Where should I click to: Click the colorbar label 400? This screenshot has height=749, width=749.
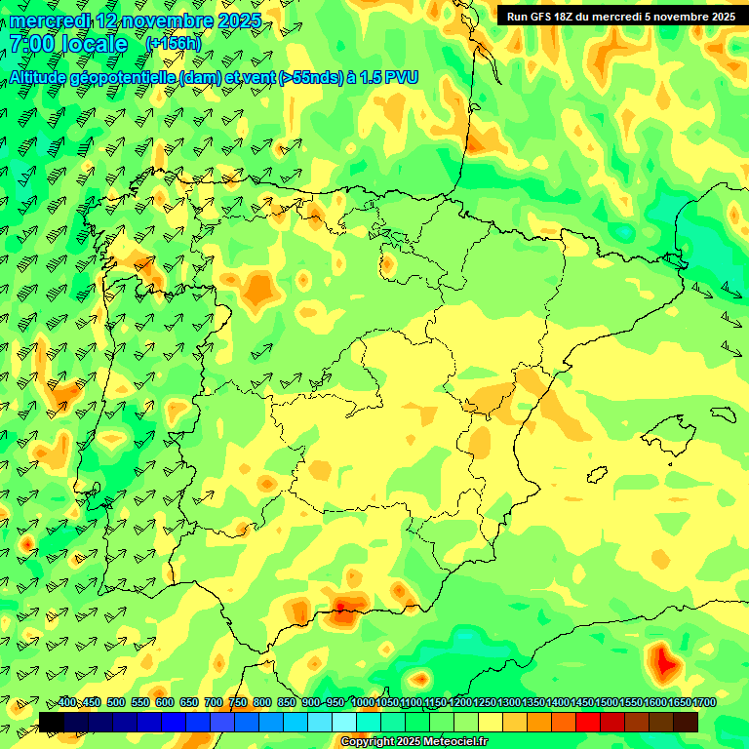pyautogui.click(x=67, y=702)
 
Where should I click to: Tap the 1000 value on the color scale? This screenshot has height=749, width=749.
pyautogui.click(x=363, y=702)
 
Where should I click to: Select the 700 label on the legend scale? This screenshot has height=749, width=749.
pyautogui.click(x=214, y=702)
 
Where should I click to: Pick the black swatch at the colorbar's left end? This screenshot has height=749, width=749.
pyautogui.click(x=52, y=722)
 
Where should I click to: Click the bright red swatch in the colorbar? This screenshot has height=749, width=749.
pyautogui.click(x=588, y=722)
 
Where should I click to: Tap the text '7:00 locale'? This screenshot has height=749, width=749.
pyautogui.click(x=68, y=44)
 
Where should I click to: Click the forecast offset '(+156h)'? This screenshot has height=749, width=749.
pyautogui.click(x=173, y=43)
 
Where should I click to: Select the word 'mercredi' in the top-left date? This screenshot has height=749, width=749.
pyautogui.click(x=51, y=20)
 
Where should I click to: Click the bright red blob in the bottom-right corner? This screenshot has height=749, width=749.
pyautogui.click(x=665, y=663)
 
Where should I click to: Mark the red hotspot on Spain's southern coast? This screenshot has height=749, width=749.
pyautogui.click(x=342, y=615)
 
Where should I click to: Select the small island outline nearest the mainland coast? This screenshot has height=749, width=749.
pyautogui.click(x=597, y=475)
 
